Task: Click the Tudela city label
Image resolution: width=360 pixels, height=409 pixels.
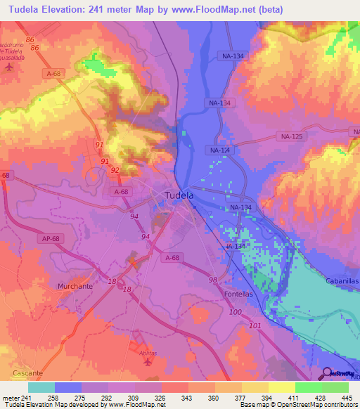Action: (x=179, y=196)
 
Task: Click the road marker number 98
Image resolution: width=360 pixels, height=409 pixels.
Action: (x=212, y=280)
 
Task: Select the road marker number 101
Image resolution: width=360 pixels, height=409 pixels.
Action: (x=255, y=325)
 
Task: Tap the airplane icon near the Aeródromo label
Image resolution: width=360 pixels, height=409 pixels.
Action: (x=8, y=67)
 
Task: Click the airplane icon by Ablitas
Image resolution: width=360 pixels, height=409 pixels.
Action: (x=147, y=362)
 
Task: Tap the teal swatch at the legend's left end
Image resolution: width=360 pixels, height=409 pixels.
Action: (x=41, y=387)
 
